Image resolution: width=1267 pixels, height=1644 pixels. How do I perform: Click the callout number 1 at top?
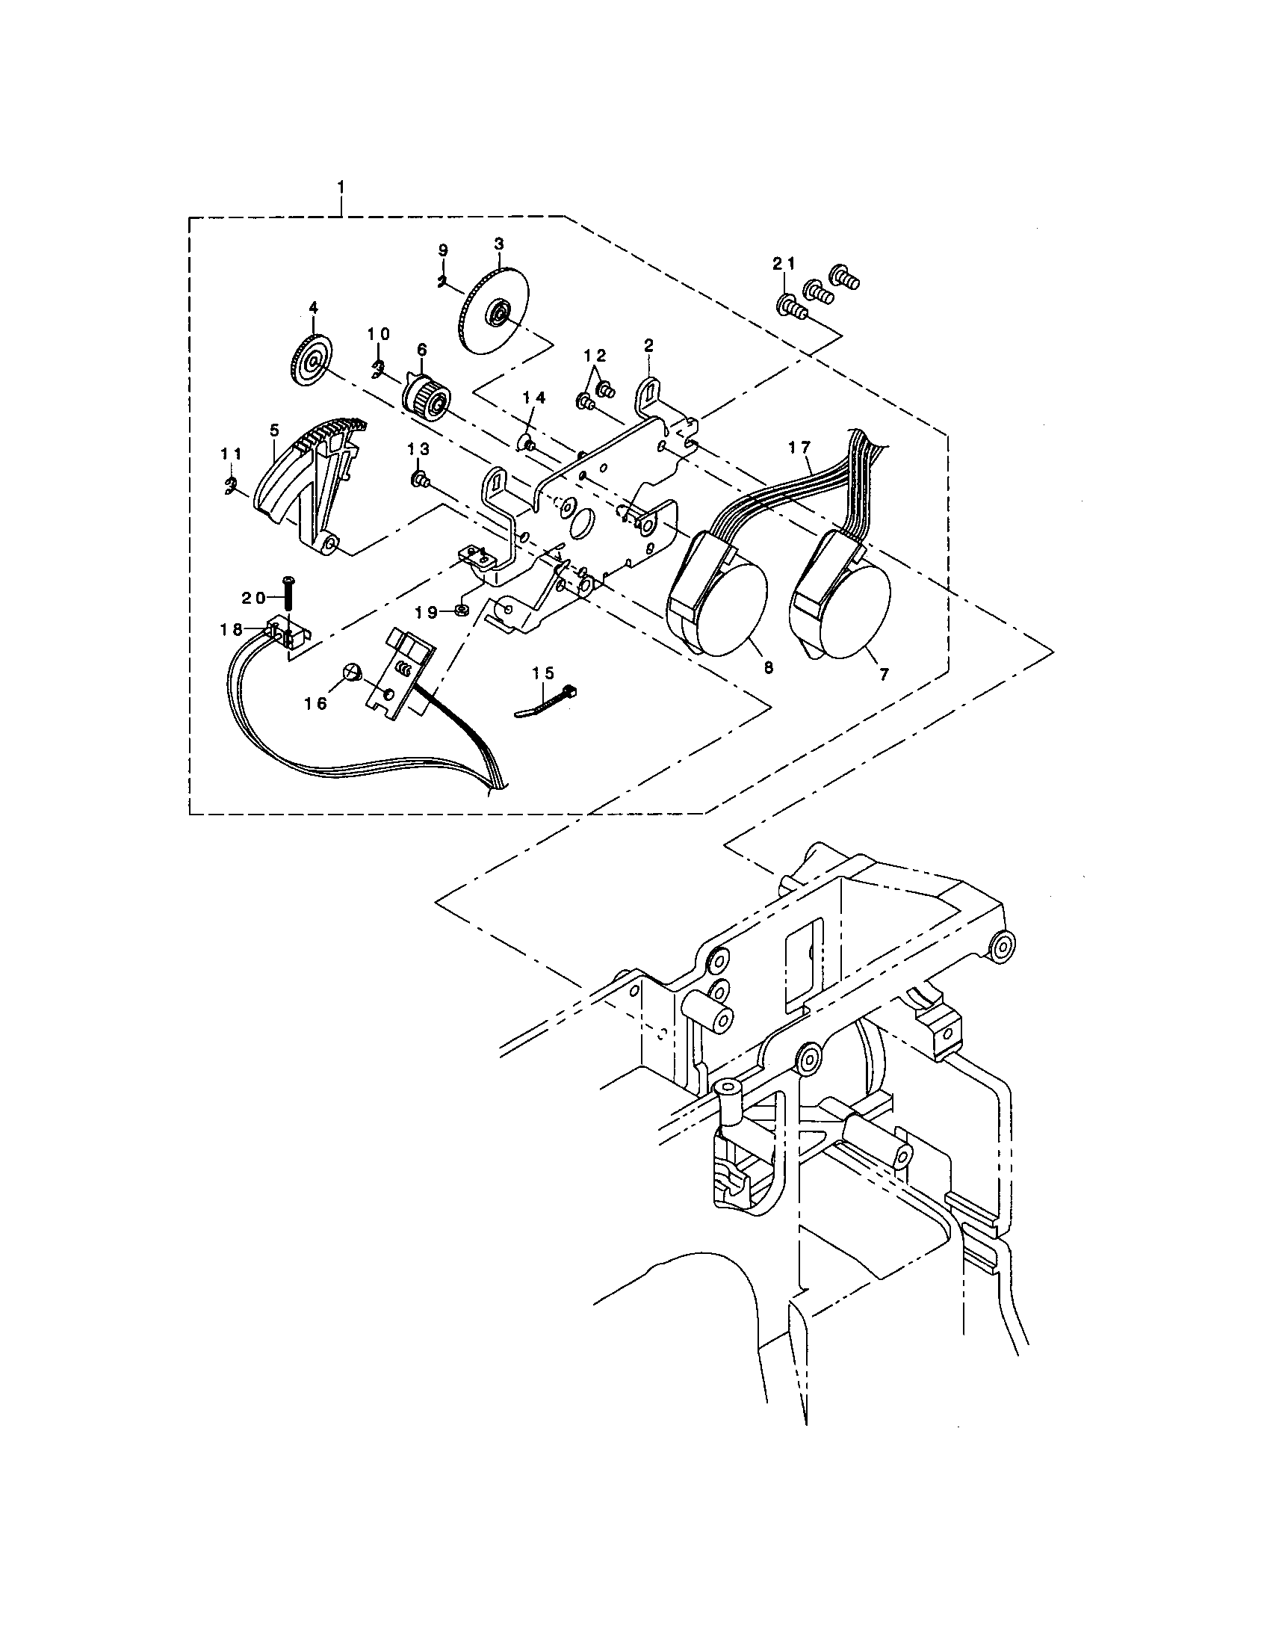[x=342, y=185]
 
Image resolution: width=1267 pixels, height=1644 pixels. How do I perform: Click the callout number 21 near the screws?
[x=783, y=264]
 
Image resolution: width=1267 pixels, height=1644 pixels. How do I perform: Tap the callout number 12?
[x=595, y=355]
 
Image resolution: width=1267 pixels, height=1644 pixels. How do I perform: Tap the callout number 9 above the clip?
[x=442, y=249]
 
